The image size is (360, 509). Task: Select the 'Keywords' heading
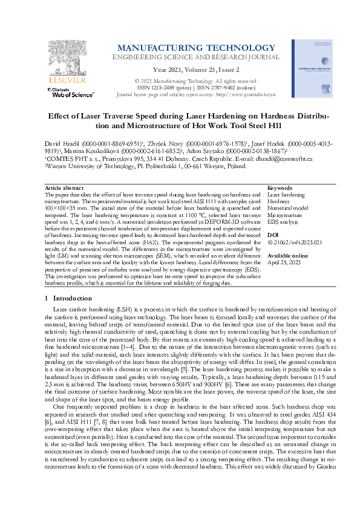point(279,172)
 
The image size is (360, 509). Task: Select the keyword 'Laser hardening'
point(286,178)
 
